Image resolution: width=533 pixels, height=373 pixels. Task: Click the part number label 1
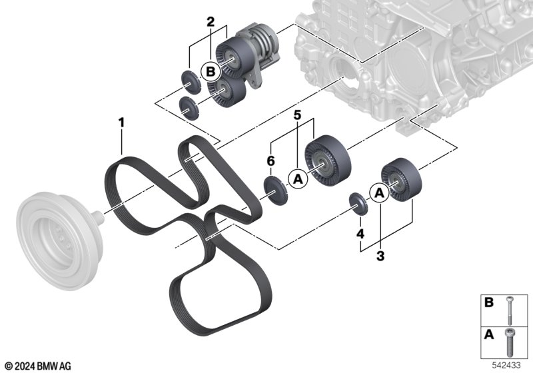[x=121, y=123]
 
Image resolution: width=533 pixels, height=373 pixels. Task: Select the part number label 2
[x=211, y=22]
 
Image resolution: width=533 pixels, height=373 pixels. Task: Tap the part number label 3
[x=380, y=256]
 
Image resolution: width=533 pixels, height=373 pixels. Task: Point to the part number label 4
[x=360, y=234]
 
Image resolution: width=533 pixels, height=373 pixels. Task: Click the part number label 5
[x=297, y=115]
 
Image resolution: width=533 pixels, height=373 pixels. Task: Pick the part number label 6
[x=270, y=161]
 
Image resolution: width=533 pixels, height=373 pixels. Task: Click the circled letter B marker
[x=211, y=72]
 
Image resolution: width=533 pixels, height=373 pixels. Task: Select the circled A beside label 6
[x=298, y=179]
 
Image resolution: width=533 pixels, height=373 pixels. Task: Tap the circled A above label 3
[x=379, y=193]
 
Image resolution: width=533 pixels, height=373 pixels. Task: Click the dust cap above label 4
[x=358, y=204]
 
